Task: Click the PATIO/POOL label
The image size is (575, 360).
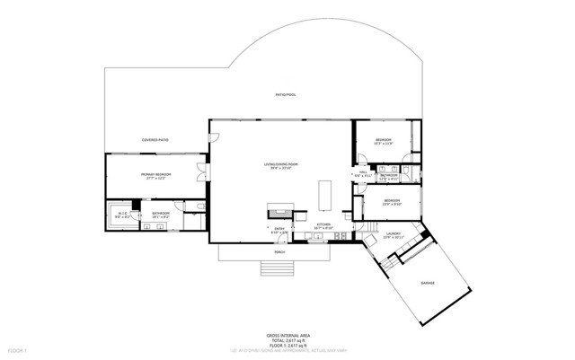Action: click(286, 93)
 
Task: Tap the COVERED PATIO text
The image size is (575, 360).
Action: click(155, 140)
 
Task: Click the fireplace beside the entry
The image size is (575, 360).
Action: click(279, 213)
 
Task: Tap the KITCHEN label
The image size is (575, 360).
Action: click(324, 225)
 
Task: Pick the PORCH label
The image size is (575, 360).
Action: click(279, 253)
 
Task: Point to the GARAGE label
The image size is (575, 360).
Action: click(428, 283)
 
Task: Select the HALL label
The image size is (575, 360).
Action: click(363, 173)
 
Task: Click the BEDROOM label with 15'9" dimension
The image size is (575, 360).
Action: click(393, 200)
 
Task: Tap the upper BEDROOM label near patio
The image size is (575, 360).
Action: click(384, 141)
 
